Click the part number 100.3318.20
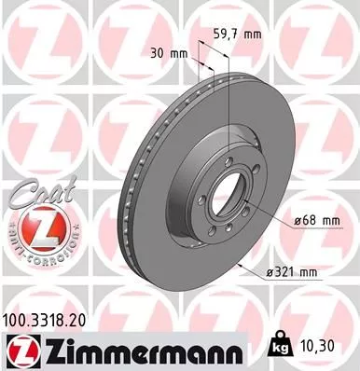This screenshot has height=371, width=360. click(53, 319)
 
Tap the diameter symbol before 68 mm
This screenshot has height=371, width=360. click(298, 220)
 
